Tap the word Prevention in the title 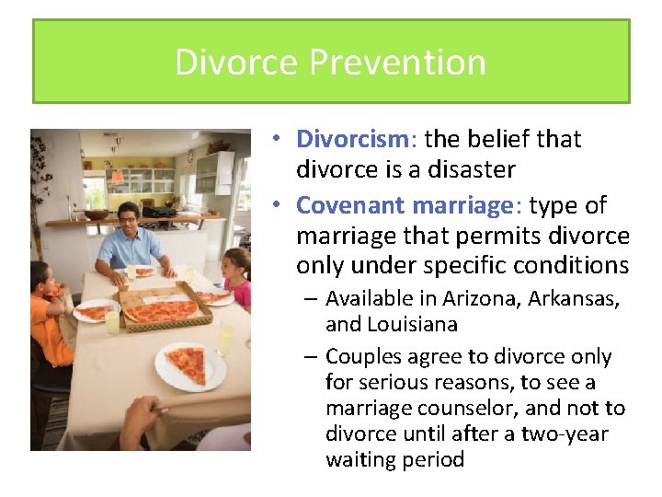click(397, 63)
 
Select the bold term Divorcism click(351, 139)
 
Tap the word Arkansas click(574, 298)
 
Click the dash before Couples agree click(313, 357)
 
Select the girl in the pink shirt click(237, 277)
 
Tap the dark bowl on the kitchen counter click(96, 214)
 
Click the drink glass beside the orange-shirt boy click(112, 321)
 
